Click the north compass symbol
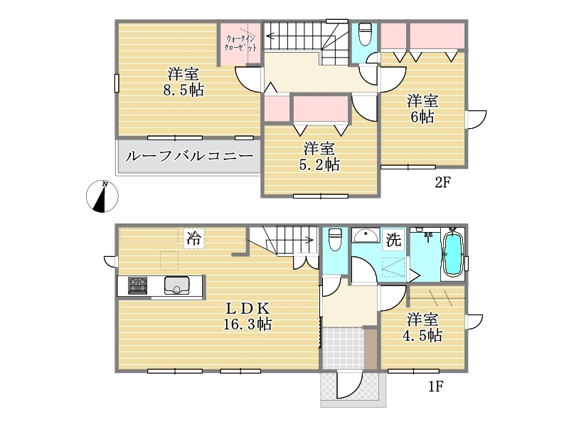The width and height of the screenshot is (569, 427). [102, 196]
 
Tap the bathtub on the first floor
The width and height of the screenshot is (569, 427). [452, 254]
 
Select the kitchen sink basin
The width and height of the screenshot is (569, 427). [176, 285]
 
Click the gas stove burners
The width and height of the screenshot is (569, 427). [137, 285]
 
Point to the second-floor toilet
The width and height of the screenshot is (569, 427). [365, 34]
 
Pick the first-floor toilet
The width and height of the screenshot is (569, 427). [335, 239]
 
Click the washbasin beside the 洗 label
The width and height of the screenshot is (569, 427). [366, 236]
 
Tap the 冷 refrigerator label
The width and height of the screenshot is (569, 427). [193, 238]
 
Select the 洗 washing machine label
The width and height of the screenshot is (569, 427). [394, 240]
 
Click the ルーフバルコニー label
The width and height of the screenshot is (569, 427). [189, 157]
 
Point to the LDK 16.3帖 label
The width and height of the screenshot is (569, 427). [248, 316]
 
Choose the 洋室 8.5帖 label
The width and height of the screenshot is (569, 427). [184, 82]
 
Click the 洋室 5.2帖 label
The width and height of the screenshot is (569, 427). [319, 157]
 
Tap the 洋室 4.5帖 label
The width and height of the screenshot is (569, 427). [422, 327]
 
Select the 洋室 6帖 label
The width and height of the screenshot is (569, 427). [422, 109]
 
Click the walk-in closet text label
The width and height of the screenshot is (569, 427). [240, 43]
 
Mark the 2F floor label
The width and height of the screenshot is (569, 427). [442, 182]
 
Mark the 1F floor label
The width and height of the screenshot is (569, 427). [435, 386]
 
